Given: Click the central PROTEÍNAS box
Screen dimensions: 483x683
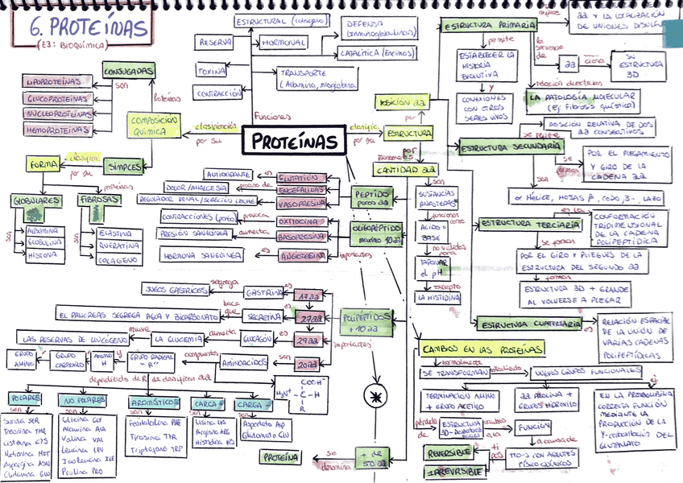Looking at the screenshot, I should (x=295, y=142).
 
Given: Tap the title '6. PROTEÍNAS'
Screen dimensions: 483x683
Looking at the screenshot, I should (x=88, y=29).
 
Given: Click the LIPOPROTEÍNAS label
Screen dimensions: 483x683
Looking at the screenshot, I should (x=56, y=82).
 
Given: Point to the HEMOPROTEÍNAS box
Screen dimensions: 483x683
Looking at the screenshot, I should (x=56, y=129).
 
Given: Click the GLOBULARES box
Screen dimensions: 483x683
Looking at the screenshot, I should (x=35, y=198).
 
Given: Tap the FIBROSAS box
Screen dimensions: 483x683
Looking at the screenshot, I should (x=99, y=198).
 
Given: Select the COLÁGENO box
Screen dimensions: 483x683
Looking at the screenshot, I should (x=118, y=260).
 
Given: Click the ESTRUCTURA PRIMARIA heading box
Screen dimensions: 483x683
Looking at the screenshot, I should (x=489, y=26).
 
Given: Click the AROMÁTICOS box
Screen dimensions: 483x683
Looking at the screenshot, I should (x=155, y=401).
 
